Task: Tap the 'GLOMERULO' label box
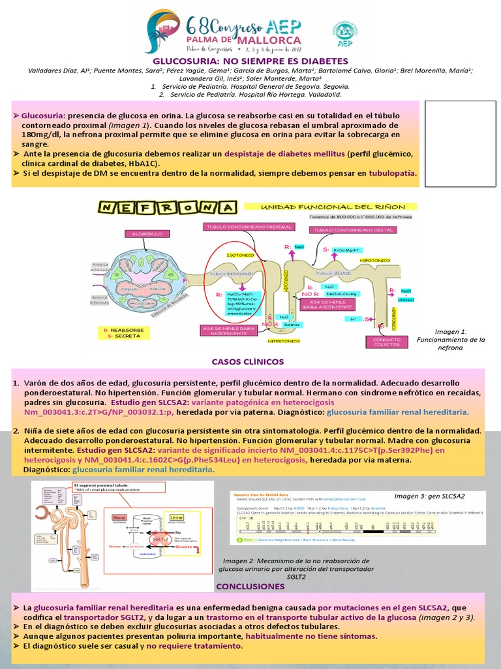(x=142, y=233)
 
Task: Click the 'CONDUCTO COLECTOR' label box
(x=386, y=342)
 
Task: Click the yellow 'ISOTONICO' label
(x=236, y=254)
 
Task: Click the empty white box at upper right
(x=457, y=144)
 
